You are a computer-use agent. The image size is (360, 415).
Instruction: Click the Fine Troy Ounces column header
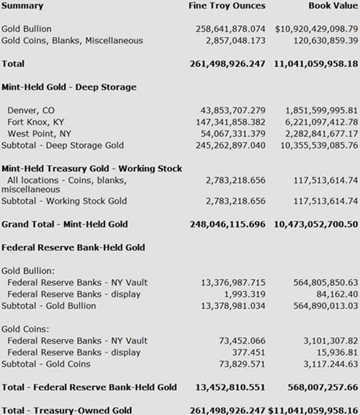(x=227, y=6)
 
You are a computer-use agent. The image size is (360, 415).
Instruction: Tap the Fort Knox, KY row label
(x=36, y=122)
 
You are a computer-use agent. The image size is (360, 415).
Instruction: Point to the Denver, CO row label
(x=31, y=110)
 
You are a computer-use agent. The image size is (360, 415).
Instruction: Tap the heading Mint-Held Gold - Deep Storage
(x=69, y=87)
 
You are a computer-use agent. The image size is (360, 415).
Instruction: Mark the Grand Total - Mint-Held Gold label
(x=64, y=224)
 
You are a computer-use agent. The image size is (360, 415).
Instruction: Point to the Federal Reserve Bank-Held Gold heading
(x=73, y=247)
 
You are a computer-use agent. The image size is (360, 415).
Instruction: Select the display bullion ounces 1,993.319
(x=247, y=294)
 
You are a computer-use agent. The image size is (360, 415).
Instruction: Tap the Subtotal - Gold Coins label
(x=46, y=364)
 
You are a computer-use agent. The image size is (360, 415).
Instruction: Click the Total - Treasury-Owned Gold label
(x=66, y=410)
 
